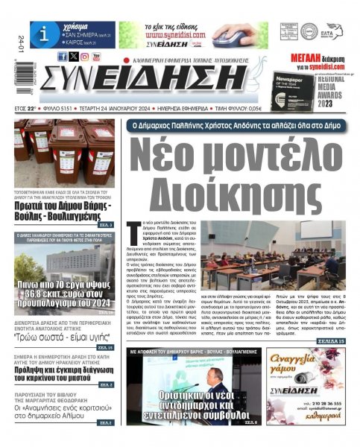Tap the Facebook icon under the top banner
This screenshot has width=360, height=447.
[x=62, y=57]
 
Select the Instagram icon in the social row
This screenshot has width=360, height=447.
[x=84, y=57]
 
